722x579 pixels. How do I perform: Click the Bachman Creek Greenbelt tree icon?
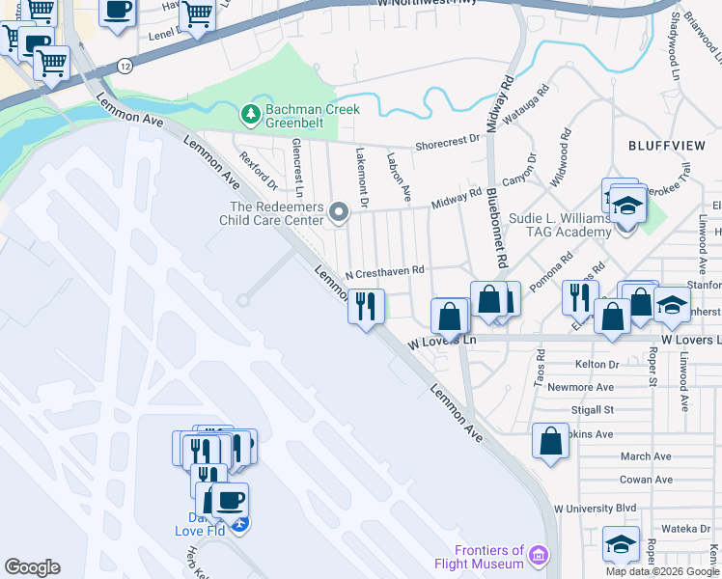pyautogui.click(x=252, y=115)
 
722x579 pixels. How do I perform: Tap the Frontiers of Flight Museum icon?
pyautogui.click(x=539, y=556)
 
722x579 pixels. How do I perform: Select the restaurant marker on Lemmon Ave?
pyautogui.click(x=366, y=307)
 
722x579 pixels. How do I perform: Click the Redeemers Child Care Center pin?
pyautogui.click(x=338, y=211)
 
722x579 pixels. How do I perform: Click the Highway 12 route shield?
pyautogui.click(x=126, y=65)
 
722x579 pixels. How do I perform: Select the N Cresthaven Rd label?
pyautogui.click(x=385, y=272)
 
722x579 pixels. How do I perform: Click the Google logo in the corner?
pyautogui.click(x=32, y=567)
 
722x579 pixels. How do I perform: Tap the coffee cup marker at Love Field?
pyautogui.click(x=231, y=500)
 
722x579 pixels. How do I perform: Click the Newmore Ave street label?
pyautogui.click(x=580, y=387)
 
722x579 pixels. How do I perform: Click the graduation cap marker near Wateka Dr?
pyautogui.click(x=621, y=542)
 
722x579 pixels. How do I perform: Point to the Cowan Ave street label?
pyautogui.click(x=646, y=480)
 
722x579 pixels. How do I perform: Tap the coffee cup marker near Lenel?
pyautogui.click(x=119, y=12)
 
